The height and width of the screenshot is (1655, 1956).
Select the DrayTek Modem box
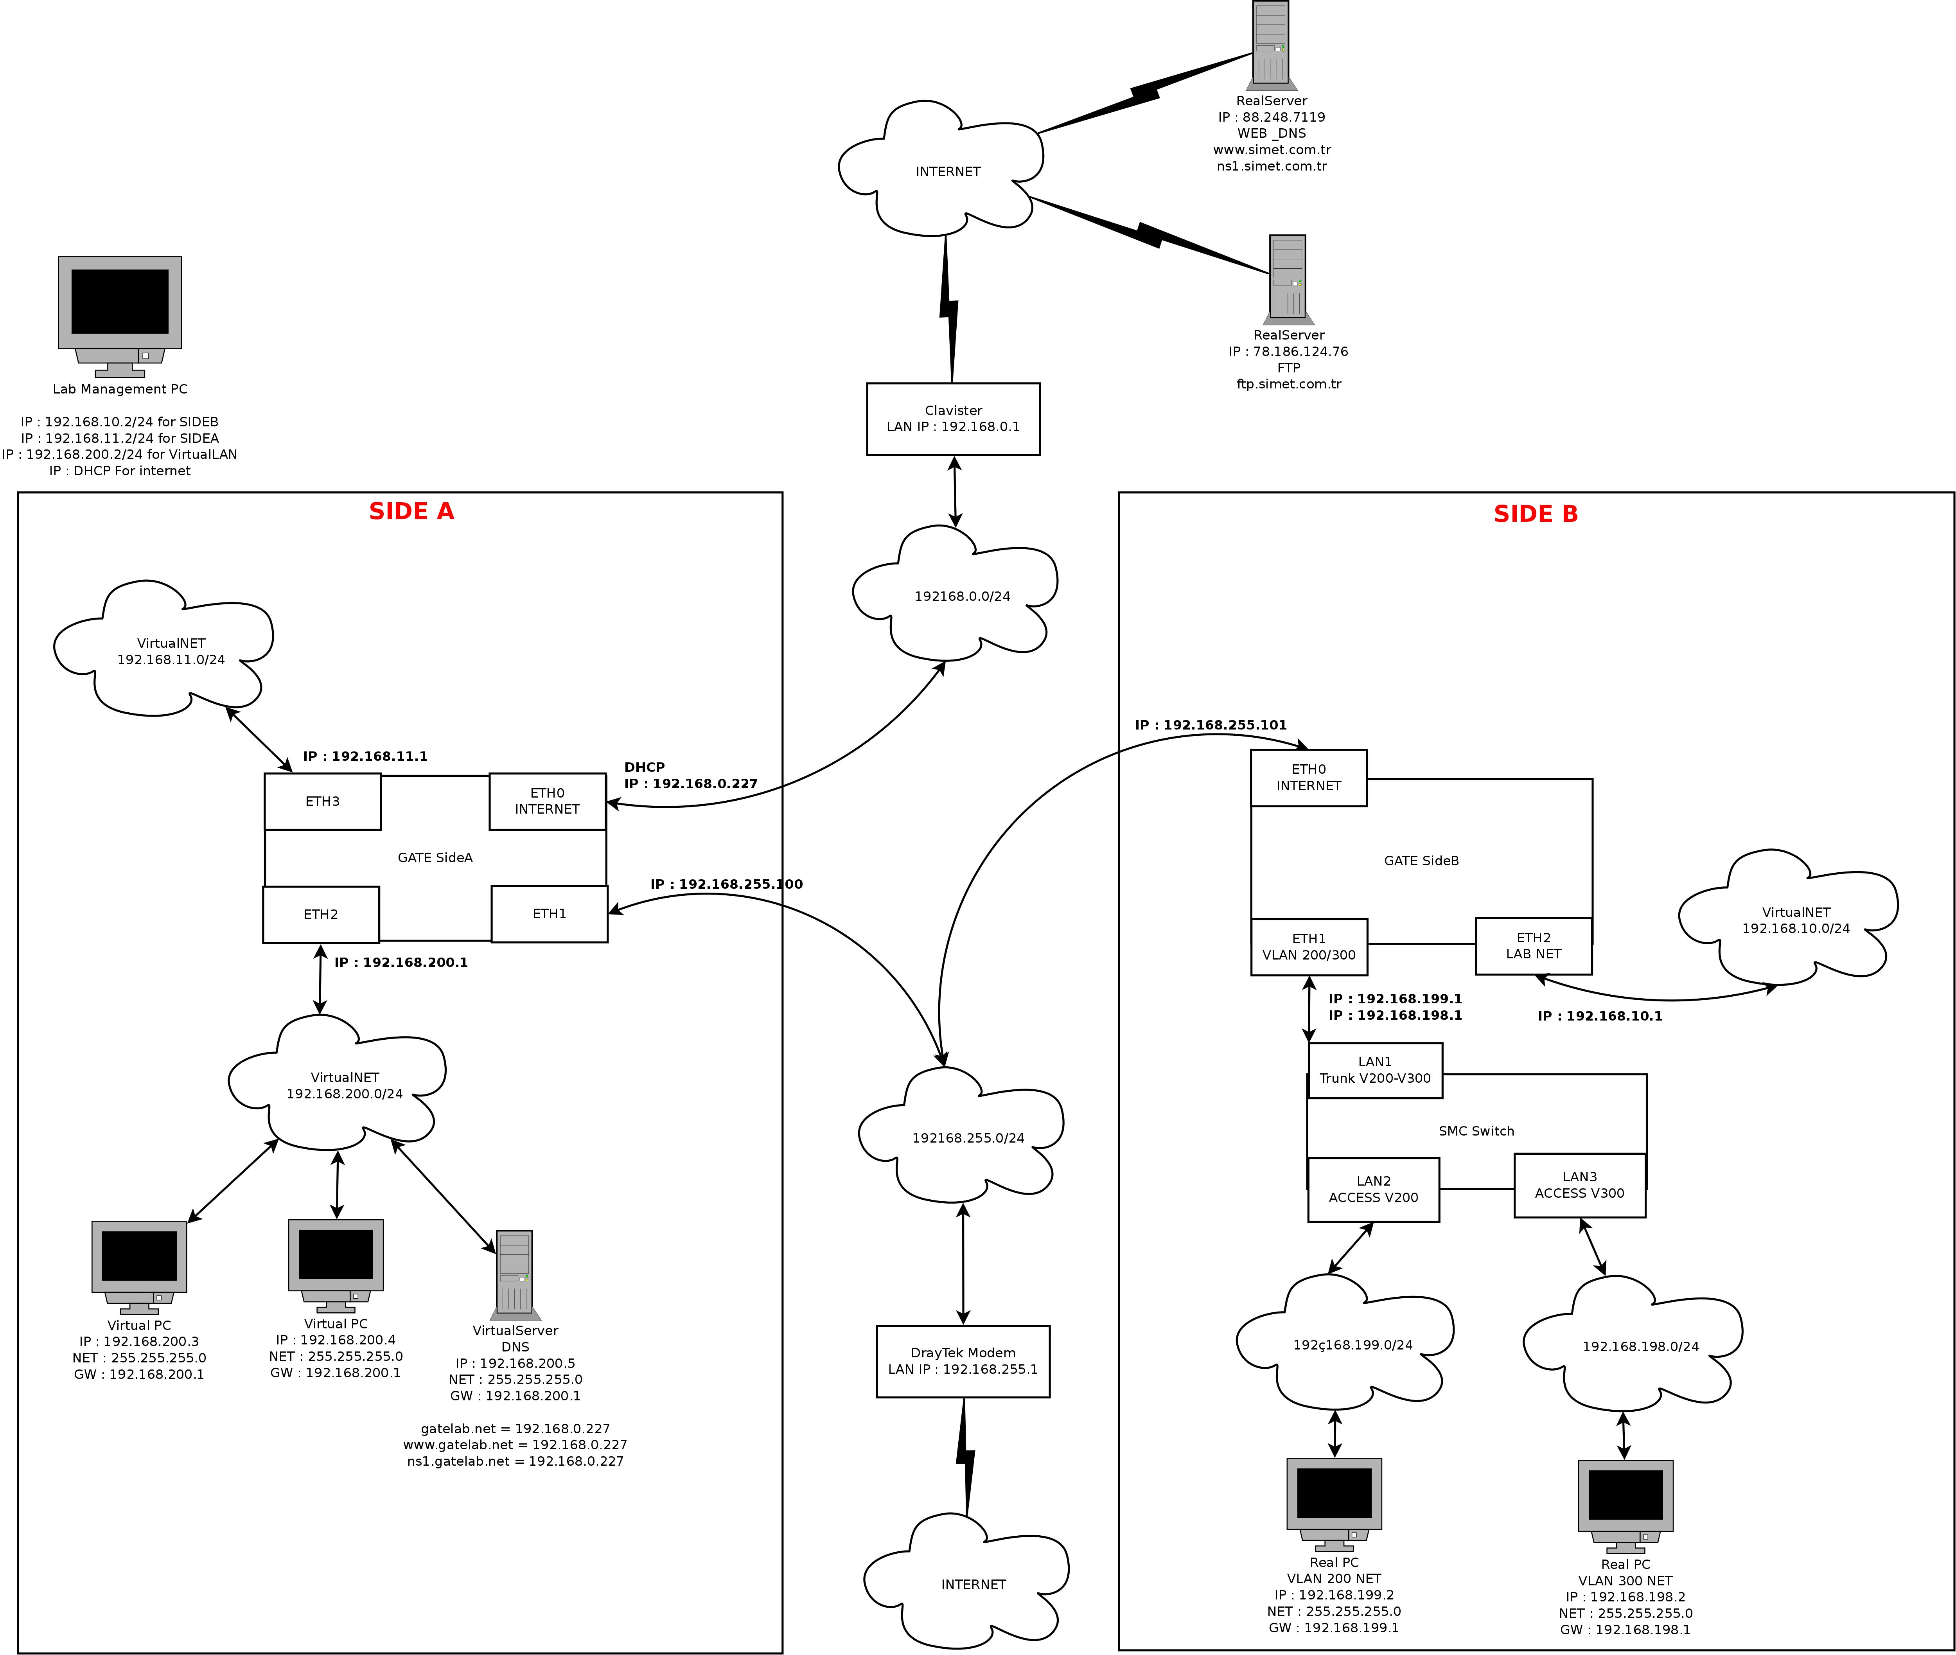[x=963, y=1361]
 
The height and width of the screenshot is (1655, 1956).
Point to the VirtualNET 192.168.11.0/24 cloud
[x=171, y=651]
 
